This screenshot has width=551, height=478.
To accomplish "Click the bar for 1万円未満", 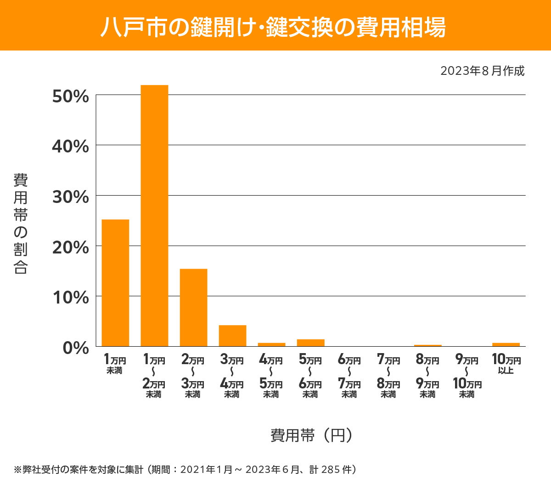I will pyautogui.click(x=115, y=283).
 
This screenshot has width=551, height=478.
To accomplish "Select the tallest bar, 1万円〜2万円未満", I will pyautogui.click(x=154, y=216).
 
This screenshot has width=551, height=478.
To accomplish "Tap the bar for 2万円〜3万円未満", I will pyautogui.click(x=193, y=308).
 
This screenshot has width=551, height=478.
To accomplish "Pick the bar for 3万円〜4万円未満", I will pyautogui.click(x=232, y=336).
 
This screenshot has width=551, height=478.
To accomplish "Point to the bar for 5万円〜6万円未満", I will pyautogui.click(x=310, y=343).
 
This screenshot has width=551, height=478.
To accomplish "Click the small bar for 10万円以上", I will pyautogui.click(x=506, y=344).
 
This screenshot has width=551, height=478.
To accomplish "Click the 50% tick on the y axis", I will pyautogui.click(x=70, y=96).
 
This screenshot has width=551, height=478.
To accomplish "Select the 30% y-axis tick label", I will pyautogui.click(x=70, y=197).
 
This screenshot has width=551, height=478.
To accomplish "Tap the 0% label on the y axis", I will pyautogui.click(x=75, y=348).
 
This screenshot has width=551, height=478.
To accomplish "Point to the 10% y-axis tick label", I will pyautogui.click(x=70, y=298).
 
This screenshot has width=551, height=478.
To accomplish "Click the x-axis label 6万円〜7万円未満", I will pyautogui.click(x=349, y=377).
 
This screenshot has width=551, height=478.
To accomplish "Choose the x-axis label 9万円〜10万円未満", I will pyautogui.click(x=467, y=377).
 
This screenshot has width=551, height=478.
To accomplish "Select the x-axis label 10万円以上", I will pyautogui.click(x=506, y=364).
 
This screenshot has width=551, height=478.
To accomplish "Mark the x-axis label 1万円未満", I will pyautogui.click(x=115, y=364).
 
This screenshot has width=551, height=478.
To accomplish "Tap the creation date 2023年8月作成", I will pyautogui.click(x=482, y=71).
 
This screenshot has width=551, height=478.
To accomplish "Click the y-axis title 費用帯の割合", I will pyautogui.click(x=21, y=224).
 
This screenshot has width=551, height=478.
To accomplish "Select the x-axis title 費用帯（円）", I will pyautogui.click(x=311, y=435).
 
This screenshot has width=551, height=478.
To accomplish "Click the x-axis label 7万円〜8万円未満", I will pyautogui.click(x=388, y=377).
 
